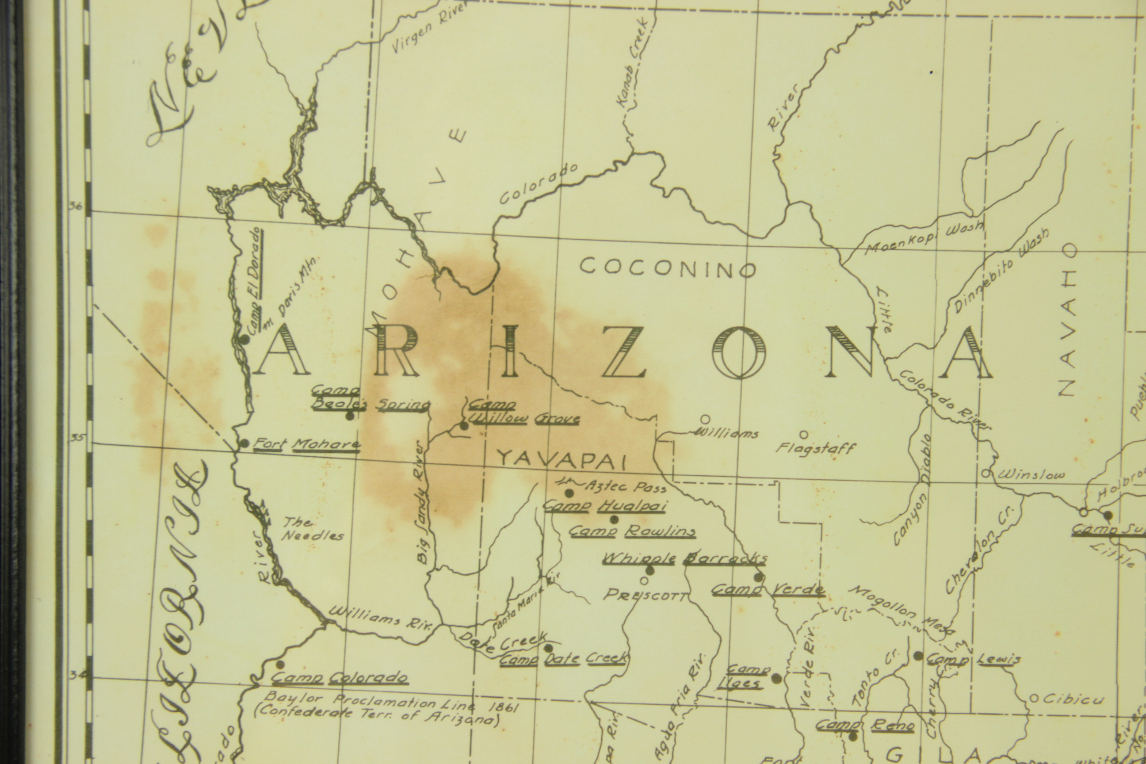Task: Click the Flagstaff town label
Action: click(816, 448)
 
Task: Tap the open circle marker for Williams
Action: click(705, 419)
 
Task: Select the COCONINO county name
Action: click(668, 267)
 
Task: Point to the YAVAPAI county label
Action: click(562, 459)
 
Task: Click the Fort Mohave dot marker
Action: click(244, 443)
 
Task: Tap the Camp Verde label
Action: click(768, 590)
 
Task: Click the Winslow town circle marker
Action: click(985, 473)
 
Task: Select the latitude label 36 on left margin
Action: click(76, 206)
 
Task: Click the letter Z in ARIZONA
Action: click(624, 352)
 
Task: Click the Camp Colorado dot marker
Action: click(280, 665)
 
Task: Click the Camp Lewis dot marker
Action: click(918, 656)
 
